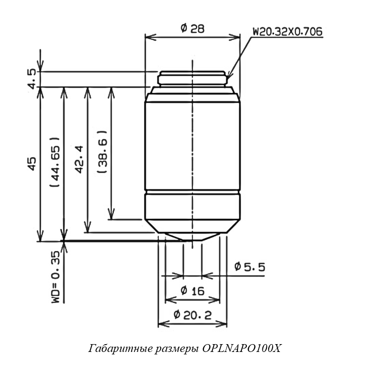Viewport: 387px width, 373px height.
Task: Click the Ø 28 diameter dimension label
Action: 192,29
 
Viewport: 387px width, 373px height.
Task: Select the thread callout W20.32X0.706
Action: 287,32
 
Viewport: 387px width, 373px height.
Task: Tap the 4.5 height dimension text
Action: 33,79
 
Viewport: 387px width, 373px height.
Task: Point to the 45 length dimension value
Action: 32,163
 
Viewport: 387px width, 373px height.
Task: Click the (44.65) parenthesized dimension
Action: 55,162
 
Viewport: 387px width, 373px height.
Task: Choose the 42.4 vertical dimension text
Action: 79,160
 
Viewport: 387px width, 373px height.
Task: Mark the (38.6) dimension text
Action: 103,151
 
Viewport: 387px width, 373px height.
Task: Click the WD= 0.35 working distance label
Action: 56,277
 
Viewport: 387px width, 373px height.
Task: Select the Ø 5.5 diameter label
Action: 250,267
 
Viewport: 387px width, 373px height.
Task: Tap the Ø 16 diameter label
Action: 193,291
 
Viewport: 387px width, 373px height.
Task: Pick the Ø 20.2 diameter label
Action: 193,315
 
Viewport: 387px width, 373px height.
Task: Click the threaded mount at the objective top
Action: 192,79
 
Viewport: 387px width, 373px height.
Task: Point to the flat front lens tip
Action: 192,240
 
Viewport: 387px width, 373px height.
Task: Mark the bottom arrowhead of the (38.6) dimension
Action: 111,214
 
